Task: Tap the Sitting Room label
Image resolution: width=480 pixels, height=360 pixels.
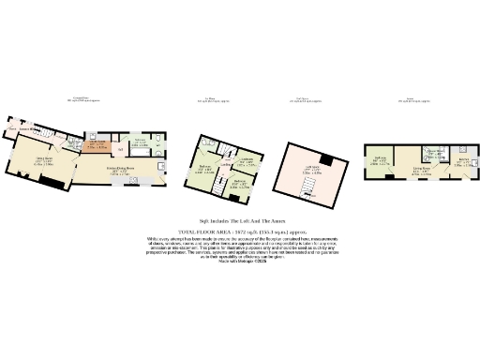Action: [44, 160]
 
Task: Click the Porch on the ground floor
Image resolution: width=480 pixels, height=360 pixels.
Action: [15, 127]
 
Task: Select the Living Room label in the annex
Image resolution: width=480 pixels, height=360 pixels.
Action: [421, 171]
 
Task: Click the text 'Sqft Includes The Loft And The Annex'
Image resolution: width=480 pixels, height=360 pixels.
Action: [240, 218]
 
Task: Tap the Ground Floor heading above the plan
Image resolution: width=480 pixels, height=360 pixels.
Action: [81, 97]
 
